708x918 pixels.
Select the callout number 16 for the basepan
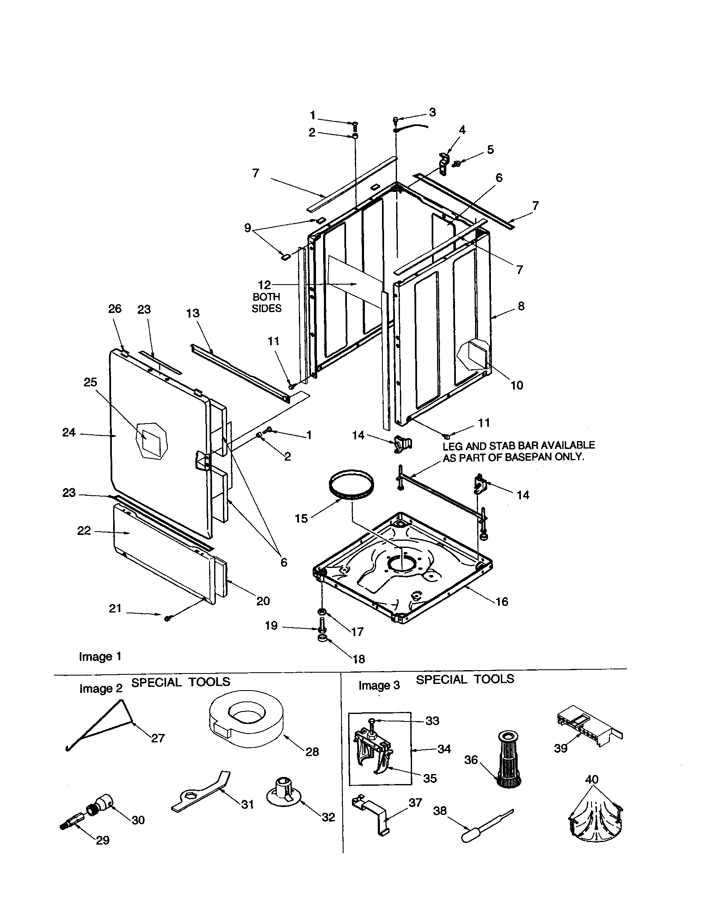[502, 601]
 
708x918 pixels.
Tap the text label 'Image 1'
[100, 656]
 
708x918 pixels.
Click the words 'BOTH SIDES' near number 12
[267, 303]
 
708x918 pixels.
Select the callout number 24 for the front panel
[69, 432]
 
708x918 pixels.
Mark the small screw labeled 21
[167, 618]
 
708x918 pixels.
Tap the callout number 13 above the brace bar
[193, 313]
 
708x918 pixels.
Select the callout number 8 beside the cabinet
[521, 306]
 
